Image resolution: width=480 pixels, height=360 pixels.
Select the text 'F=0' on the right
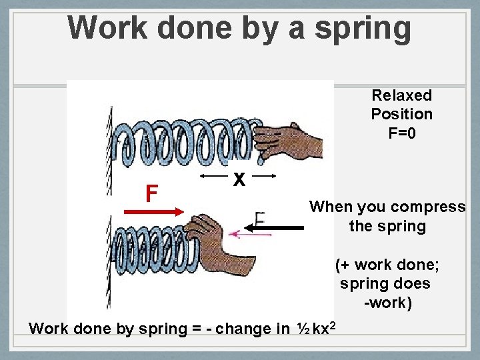(x=402, y=133)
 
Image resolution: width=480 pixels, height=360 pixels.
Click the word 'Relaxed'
(x=402, y=95)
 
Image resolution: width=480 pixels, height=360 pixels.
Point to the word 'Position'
(x=402, y=114)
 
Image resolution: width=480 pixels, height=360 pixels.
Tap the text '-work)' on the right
(x=387, y=303)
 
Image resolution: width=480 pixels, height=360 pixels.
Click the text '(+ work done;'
(x=387, y=265)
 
